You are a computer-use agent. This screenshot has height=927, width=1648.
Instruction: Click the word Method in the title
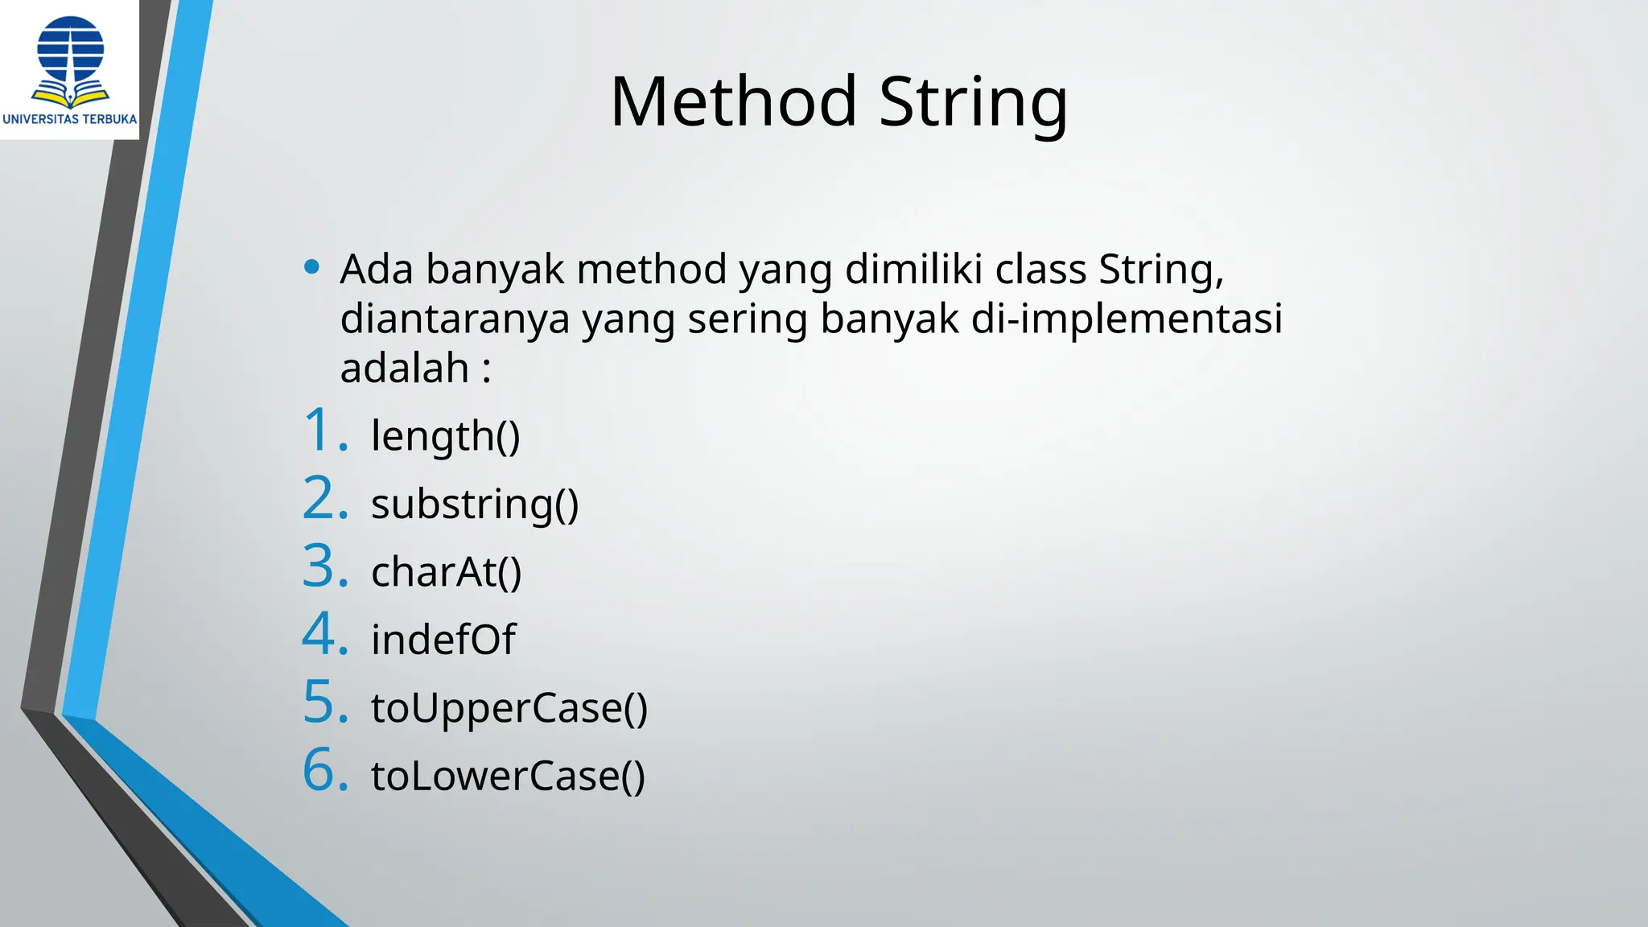(733, 101)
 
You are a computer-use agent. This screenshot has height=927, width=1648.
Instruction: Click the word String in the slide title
(973, 103)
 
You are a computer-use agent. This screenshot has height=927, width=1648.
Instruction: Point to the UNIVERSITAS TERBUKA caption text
(70, 119)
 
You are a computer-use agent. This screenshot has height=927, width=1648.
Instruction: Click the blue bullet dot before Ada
(311, 267)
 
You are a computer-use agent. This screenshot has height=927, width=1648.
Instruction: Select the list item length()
(445, 436)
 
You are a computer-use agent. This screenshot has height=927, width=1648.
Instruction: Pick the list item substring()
(474, 505)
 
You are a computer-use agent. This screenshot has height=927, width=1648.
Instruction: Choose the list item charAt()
(446, 572)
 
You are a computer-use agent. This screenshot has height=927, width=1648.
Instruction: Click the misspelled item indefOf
(443, 640)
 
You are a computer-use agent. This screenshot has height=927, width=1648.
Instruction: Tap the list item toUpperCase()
(509, 708)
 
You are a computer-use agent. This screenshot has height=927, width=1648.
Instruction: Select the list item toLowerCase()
(507, 776)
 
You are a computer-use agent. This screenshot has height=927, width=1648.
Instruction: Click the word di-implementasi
(1127, 319)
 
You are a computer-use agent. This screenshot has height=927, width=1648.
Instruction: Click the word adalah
(405, 369)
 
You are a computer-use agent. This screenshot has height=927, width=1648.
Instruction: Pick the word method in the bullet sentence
(652, 269)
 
